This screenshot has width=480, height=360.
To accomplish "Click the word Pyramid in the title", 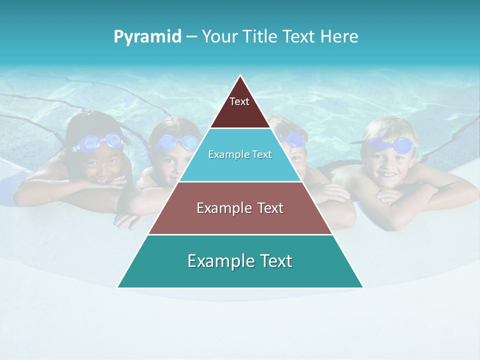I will [147, 37].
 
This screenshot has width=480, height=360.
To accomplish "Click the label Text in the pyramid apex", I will [239, 101].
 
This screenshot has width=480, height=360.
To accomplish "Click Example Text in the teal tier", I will [240, 261].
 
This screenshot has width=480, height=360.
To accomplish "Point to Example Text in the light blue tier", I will [240, 154].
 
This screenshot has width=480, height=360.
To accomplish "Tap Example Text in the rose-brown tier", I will [240, 208].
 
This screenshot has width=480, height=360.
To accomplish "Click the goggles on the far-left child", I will [100, 142].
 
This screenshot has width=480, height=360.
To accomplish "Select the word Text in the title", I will [299, 37].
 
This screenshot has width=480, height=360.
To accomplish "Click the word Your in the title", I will [220, 37].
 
